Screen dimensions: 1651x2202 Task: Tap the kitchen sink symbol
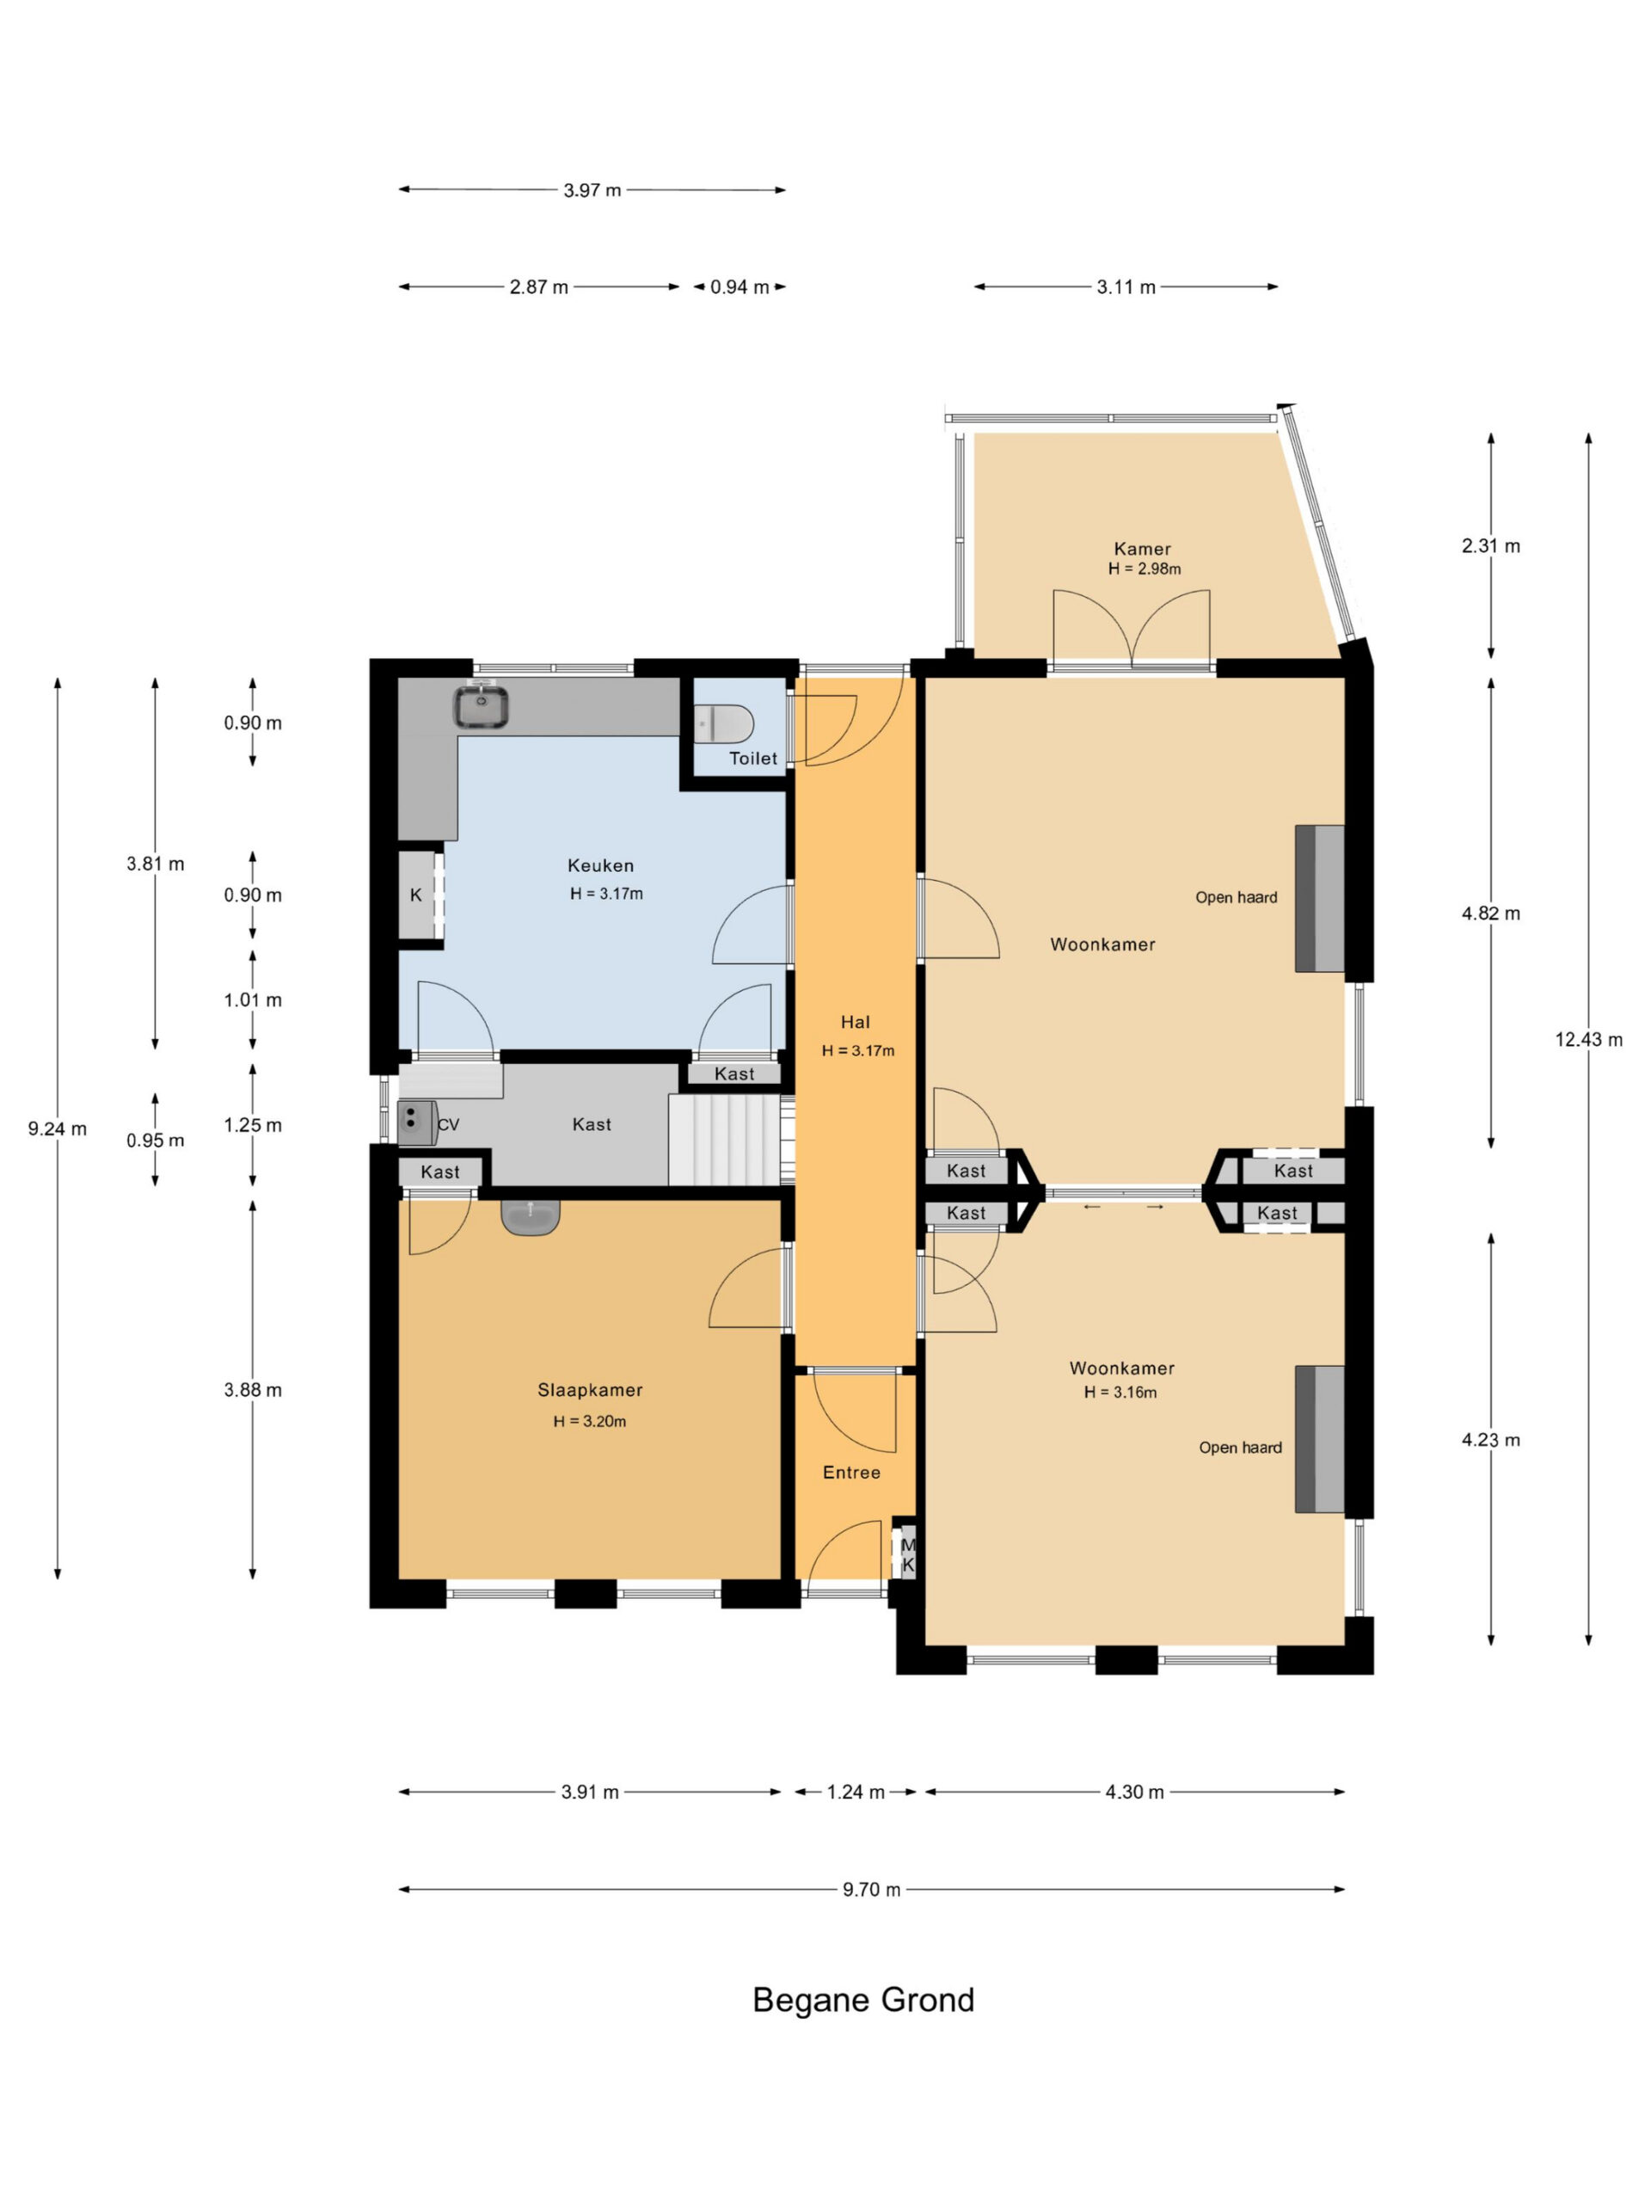pyautogui.click(x=482, y=706)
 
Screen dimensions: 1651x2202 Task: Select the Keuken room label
pyautogui.click(x=600, y=866)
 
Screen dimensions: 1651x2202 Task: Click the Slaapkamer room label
pyautogui.click(x=590, y=1390)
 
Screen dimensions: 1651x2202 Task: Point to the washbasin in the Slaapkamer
pyautogui.click(x=531, y=1217)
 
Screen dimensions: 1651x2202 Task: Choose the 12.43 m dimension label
pyautogui.click(x=1588, y=1039)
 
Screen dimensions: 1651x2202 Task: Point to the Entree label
pyautogui.click(x=851, y=1473)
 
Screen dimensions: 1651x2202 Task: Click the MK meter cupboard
pyautogui.click(x=906, y=1555)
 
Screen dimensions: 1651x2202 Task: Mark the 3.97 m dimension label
pyautogui.click(x=592, y=190)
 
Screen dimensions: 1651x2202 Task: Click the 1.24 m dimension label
pyautogui.click(x=856, y=1792)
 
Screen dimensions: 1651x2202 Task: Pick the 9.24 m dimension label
pyautogui.click(x=57, y=1129)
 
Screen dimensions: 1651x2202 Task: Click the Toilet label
pyautogui.click(x=753, y=759)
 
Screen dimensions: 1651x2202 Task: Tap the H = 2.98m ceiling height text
pyautogui.click(x=1145, y=569)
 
